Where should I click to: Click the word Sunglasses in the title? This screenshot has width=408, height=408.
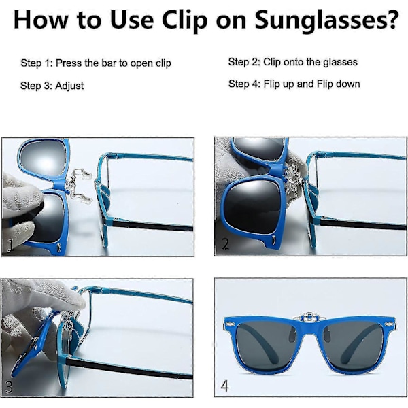pyautogui.click(x=321, y=21)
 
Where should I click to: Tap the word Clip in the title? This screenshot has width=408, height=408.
pyautogui.click(x=184, y=21)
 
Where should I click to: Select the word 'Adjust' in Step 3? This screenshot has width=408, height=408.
pyautogui.click(x=69, y=86)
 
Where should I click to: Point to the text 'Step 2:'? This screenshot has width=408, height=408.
pyautogui.click(x=244, y=62)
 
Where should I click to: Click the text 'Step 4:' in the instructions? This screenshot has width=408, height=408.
pyautogui.click(x=244, y=84)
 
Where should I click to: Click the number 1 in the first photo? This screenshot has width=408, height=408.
pyautogui.click(x=10, y=245)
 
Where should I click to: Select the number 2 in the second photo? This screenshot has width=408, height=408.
pyautogui.click(x=225, y=244)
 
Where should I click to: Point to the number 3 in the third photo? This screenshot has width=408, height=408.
pyautogui.click(x=9, y=387)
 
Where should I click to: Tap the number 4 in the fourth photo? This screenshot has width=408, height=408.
pyautogui.click(x=225, y=386)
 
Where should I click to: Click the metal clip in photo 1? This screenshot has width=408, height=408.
pyautogui.click(x=79, y=186)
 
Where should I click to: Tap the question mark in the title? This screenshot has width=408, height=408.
pyautogui.click(x=392, y=20)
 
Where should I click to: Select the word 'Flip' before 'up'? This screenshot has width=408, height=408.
pyautogui.click(x=271, y=84)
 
